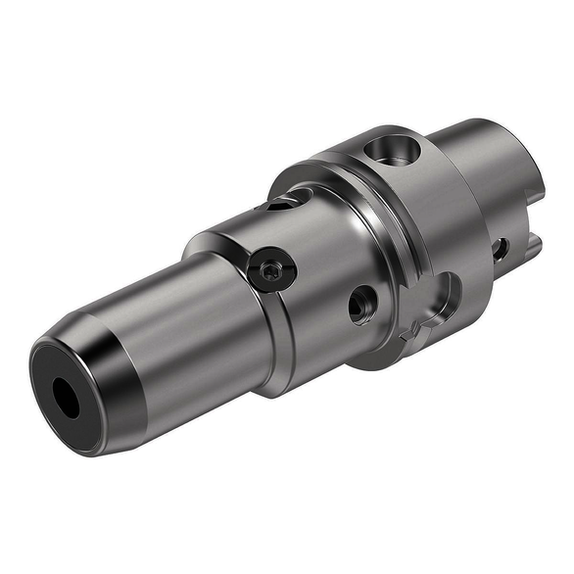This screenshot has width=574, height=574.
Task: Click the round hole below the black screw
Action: [361, 305]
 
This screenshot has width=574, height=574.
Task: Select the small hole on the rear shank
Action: [500, 249]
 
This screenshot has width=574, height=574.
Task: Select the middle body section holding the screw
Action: [313, 264]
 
